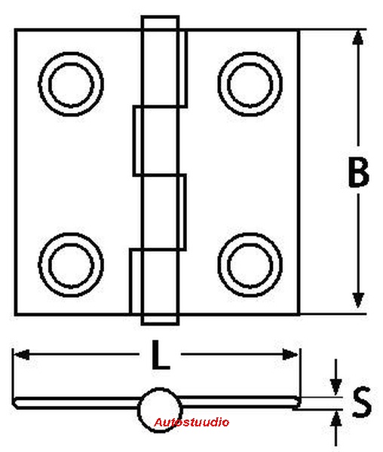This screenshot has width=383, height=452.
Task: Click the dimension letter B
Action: (x=358, y=172)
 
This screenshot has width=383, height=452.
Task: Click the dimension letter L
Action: (x=161, y=355)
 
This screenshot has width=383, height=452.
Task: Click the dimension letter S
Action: (x=362, y=402)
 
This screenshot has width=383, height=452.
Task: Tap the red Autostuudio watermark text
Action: (x=191, y=423)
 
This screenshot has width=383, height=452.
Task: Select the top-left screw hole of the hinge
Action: (x=71, y=84)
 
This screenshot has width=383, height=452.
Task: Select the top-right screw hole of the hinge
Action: (x=250, y=84)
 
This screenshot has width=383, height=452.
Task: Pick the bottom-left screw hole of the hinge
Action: (x=71, y=265)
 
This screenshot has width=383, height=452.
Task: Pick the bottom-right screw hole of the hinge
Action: (x=250, y=265)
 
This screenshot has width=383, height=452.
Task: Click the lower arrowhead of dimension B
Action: (x=358, y=300)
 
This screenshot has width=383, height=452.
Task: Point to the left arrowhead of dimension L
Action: (x=22, y=354)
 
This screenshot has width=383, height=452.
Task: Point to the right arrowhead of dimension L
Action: (x=290, y=354)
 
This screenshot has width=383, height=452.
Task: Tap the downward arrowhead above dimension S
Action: (x=336, y=387)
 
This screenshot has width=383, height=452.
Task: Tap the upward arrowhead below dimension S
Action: (x=336, y=419)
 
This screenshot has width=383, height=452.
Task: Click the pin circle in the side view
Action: (x=160, y=410)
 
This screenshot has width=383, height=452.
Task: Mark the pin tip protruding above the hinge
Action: (x=160, y=23)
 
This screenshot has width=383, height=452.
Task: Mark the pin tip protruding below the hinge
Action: (x=160, y=319)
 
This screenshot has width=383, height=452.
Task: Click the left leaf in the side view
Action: (x=76, y=402)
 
